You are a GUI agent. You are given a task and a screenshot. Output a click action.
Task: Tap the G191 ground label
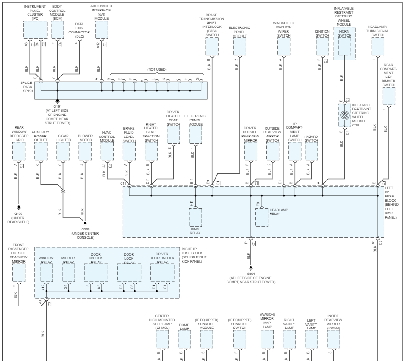pos(57,106)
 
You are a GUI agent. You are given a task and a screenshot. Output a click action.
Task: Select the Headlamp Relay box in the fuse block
pos(262,217)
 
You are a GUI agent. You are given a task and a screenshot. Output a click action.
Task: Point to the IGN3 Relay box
pos(196,218)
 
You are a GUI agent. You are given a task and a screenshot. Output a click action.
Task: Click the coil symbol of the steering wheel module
pos(344,116)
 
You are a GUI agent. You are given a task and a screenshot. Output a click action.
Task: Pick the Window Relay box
pos(46,273)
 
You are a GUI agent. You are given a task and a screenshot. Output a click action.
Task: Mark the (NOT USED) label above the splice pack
pos(156,69)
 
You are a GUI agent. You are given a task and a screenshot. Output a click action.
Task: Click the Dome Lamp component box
pos(184,339)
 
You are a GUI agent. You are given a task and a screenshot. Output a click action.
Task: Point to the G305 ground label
pos(84,229)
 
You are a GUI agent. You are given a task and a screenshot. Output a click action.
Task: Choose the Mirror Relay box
pos(68,273)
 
